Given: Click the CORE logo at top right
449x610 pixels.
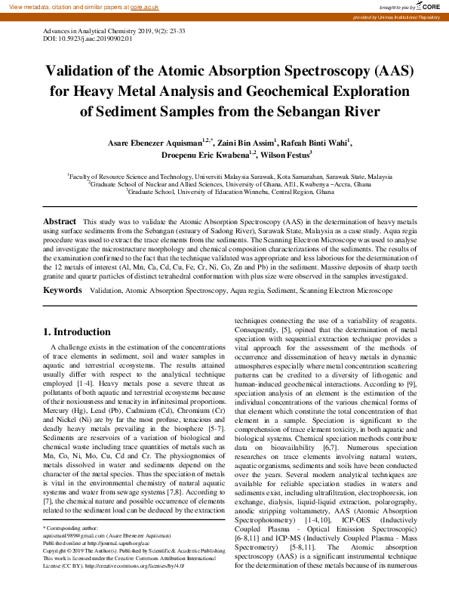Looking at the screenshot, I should click(x=432, y=6).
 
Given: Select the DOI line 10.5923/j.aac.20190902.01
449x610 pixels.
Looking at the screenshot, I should click(x=78, y=39).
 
